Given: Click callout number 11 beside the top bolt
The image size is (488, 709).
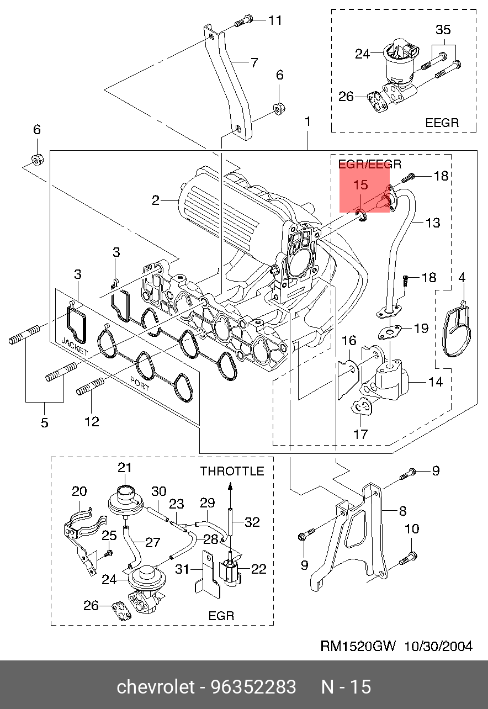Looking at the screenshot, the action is point(275,20).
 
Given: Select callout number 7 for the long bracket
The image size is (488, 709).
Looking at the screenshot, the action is point(254,62).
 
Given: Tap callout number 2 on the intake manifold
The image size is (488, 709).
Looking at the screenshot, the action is point(156,200).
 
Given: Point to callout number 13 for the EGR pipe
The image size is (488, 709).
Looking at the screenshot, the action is point(433,223).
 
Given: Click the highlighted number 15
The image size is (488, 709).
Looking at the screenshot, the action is point(360,185).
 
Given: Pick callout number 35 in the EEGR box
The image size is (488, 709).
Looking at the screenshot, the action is point(443,30).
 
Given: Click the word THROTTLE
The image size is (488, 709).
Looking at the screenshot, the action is point(232,472).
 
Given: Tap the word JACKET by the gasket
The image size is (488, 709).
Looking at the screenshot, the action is point(75,347).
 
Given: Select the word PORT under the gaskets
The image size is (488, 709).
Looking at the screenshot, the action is point(140,383).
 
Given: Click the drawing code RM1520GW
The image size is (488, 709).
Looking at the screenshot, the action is point(358,646).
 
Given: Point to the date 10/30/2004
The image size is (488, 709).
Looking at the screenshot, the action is point(438,646).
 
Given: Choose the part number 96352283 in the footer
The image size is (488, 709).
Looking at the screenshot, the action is point(253,687).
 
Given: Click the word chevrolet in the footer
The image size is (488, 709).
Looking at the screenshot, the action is point(156,687).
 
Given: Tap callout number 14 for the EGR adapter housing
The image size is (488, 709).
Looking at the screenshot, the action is point(435,382).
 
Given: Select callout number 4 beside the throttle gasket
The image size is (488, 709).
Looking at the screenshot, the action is point(462,278).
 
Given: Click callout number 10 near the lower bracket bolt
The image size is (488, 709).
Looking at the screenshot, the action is point(412,528).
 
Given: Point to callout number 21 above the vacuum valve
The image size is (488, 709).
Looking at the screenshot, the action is point(124,468).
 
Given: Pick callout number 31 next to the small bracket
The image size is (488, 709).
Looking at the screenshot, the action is point(182,569).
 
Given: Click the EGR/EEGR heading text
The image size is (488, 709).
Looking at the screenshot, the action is point(370,164).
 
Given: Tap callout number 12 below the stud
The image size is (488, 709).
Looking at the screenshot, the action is point(92,422).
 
